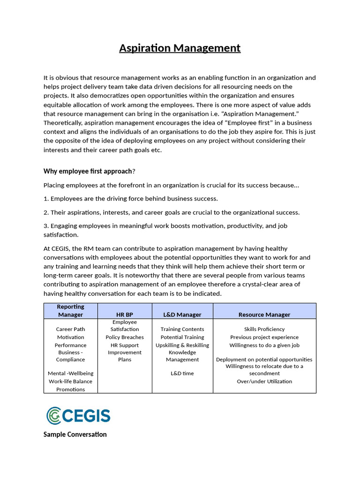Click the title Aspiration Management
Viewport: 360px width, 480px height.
(x=180, y=48)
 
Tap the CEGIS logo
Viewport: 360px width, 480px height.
(x=78, y=415)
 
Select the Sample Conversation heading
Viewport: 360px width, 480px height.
(x=75, y=435)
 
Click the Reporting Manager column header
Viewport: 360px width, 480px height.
(x=70, y=310)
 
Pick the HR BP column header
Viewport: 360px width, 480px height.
(x=125, y=315)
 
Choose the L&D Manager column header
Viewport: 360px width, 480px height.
(x=182, y=315)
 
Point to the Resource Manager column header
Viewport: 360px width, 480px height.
(x=264, y=315)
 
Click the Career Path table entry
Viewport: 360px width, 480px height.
(x=70, y=330)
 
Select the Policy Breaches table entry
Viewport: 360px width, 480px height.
(x=125, y=337)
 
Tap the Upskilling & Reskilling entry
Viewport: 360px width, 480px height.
(x=182, y=345)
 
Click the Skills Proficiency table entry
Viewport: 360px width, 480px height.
(x=264, y=330)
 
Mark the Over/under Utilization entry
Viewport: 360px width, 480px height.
(x=264, y=382)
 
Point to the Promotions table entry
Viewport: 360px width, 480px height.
(x=70, y=390)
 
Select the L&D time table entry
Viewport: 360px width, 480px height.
(x=182, y=374)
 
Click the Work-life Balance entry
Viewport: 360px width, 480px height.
(x=70, y=382)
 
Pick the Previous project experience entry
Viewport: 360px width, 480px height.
(x=264, y=337)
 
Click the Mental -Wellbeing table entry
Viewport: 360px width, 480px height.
(x=70, y=374)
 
